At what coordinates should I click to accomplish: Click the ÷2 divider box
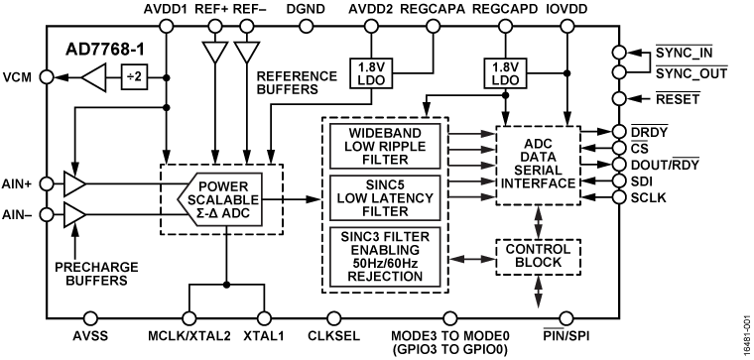(134, 77)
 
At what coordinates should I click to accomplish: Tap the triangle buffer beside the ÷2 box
(94, 77)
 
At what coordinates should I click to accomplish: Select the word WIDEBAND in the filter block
(386, 133)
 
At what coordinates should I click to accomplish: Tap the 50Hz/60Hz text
(386, 263)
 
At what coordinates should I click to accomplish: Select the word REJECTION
(386, 277)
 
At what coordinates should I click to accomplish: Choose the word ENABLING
(386, 249)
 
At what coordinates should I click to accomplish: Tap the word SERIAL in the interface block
(537, 170)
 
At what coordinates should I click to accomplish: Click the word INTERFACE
(537, 183)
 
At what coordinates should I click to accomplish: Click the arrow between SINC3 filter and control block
(471, 259)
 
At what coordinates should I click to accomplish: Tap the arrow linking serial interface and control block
(539, 221)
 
